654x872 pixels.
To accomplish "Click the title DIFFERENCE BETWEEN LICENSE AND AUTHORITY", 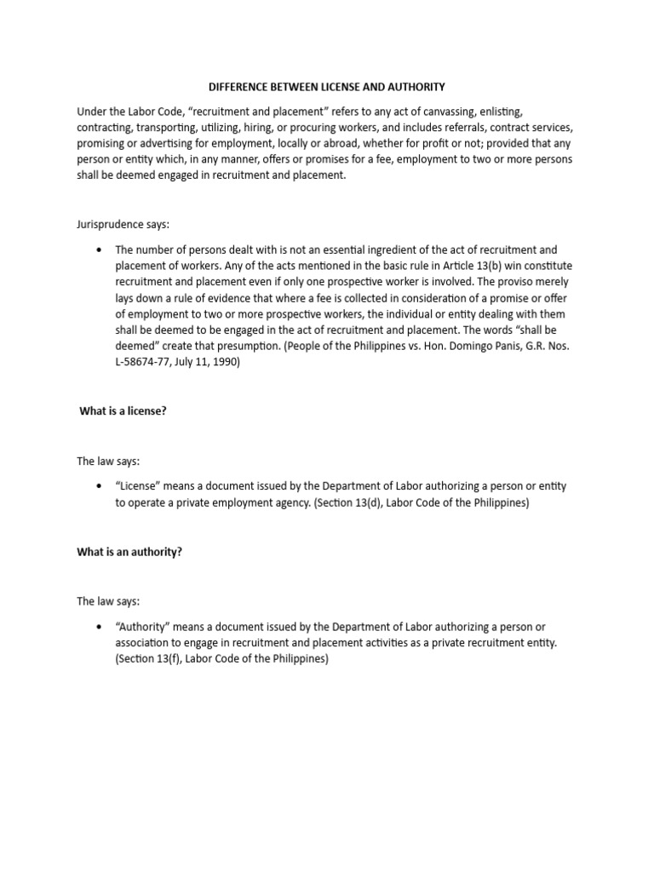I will pyautogui.click(x=327, y=87).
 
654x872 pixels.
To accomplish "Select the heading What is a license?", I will pyautogui.click(x=123, y=410).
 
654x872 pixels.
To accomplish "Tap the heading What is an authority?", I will pyautogui.click(x=129, y=552).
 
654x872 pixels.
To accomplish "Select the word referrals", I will pyautogui.click(x=462, y=128).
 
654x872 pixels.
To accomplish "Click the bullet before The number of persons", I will pyautogui.click(x=100, y=250).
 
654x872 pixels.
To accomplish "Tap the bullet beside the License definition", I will pyautogui.click(x=100, y=486).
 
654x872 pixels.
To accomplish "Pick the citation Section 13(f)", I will pyautogui.click(x=151, y=659).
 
